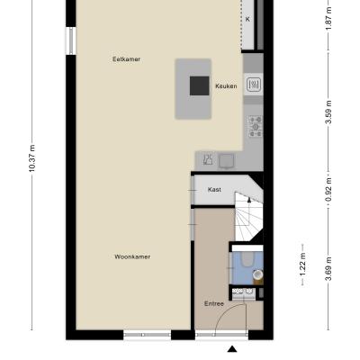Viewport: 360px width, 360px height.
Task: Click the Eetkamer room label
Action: [x=126, y=59]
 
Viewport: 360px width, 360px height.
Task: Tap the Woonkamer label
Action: [x=132, y=256]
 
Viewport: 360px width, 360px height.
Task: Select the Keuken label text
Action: [x=226, y=86]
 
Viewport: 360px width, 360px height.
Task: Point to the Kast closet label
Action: [x=214, y=190]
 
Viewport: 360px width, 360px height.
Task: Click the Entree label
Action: [x=214, y=303]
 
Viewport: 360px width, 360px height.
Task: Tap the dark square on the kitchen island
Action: [x=200, y=85]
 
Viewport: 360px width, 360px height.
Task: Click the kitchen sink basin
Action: [x=255, y=85]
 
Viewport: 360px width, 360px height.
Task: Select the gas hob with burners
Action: [x=256, y=127]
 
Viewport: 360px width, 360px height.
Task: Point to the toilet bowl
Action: [x=247, y=259]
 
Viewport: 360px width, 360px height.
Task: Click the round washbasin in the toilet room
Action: [x=257, y=274]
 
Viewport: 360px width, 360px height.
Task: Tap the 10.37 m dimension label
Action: [x=31, y=158]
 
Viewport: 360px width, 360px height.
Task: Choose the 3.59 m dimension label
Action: [x=329, y=112]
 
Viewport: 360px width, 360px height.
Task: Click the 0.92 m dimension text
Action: [x=329, y=190]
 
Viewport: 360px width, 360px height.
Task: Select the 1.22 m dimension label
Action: [x=303, y=265]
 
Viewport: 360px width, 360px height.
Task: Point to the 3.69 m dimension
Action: [x=329, y=269]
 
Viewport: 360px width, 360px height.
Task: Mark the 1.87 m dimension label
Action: [x=329, y=18]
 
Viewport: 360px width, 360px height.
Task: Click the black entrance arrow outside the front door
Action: [x=232, y=349]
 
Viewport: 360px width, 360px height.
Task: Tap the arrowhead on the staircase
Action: [x=249, y=200]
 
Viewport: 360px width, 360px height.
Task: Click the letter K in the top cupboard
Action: [x=247, y=19]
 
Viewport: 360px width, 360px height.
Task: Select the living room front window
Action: [x=148, y=335]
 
